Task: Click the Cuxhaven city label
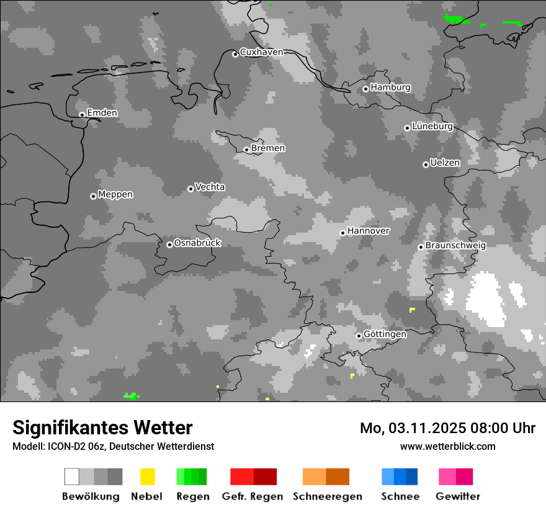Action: point(261,52)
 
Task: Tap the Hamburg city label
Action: point(390,87)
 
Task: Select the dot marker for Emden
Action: point(82,115)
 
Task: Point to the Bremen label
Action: point(268,148)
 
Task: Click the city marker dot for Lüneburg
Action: point(407,128)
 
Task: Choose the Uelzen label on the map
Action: point(445,163)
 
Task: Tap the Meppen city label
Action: point(115,194)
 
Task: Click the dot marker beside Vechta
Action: point(190,189)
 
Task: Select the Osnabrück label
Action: point(197,243)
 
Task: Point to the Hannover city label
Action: point(369,231)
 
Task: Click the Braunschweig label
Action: point(455,245)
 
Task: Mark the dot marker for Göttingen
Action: point(359,336)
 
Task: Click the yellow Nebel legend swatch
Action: point(147,477)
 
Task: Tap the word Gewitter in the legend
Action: point(458,496)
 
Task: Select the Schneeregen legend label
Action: point(327,496)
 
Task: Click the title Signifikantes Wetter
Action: point(102,428)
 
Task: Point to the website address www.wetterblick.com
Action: point(447,446)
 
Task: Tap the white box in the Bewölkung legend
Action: point(71,477)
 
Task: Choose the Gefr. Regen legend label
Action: point(253,496)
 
